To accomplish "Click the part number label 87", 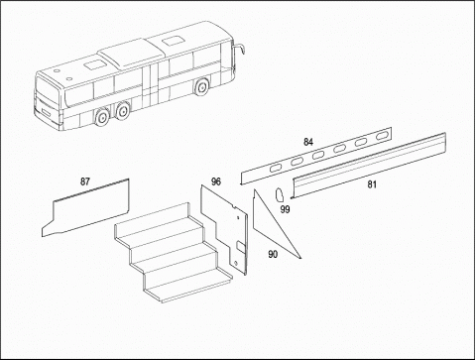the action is pyautogui.click(x=85, y=181).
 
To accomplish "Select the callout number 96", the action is pyautogui.click(x=216, y=181).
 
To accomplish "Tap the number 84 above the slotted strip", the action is pyautogui.click(x=308, y=142).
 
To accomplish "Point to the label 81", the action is pyautogui.click(x=372, y=184).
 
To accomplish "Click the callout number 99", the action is pyautogui.click(x=285, y=209).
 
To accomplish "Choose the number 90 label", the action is pyautogui.click(x=273, y=254).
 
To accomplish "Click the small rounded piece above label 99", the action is pyautogui.click(x=280, y=194).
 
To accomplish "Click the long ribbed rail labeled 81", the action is pyautogui.click(x=369, y=166).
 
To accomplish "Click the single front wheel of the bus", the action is pyautogui.click(x=201, y=87).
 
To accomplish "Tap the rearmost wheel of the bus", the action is pyautogui.click(x=101, y=118).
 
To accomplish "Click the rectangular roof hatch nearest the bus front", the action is pyautogui.click(x=172, y=42).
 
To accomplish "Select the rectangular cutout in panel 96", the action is pyautogui.click(x=241, y=247).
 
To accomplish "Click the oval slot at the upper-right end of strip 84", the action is pyautogui.click(x=382, y=136).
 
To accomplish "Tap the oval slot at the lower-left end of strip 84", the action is pyautogui.click(x=275, y=169).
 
